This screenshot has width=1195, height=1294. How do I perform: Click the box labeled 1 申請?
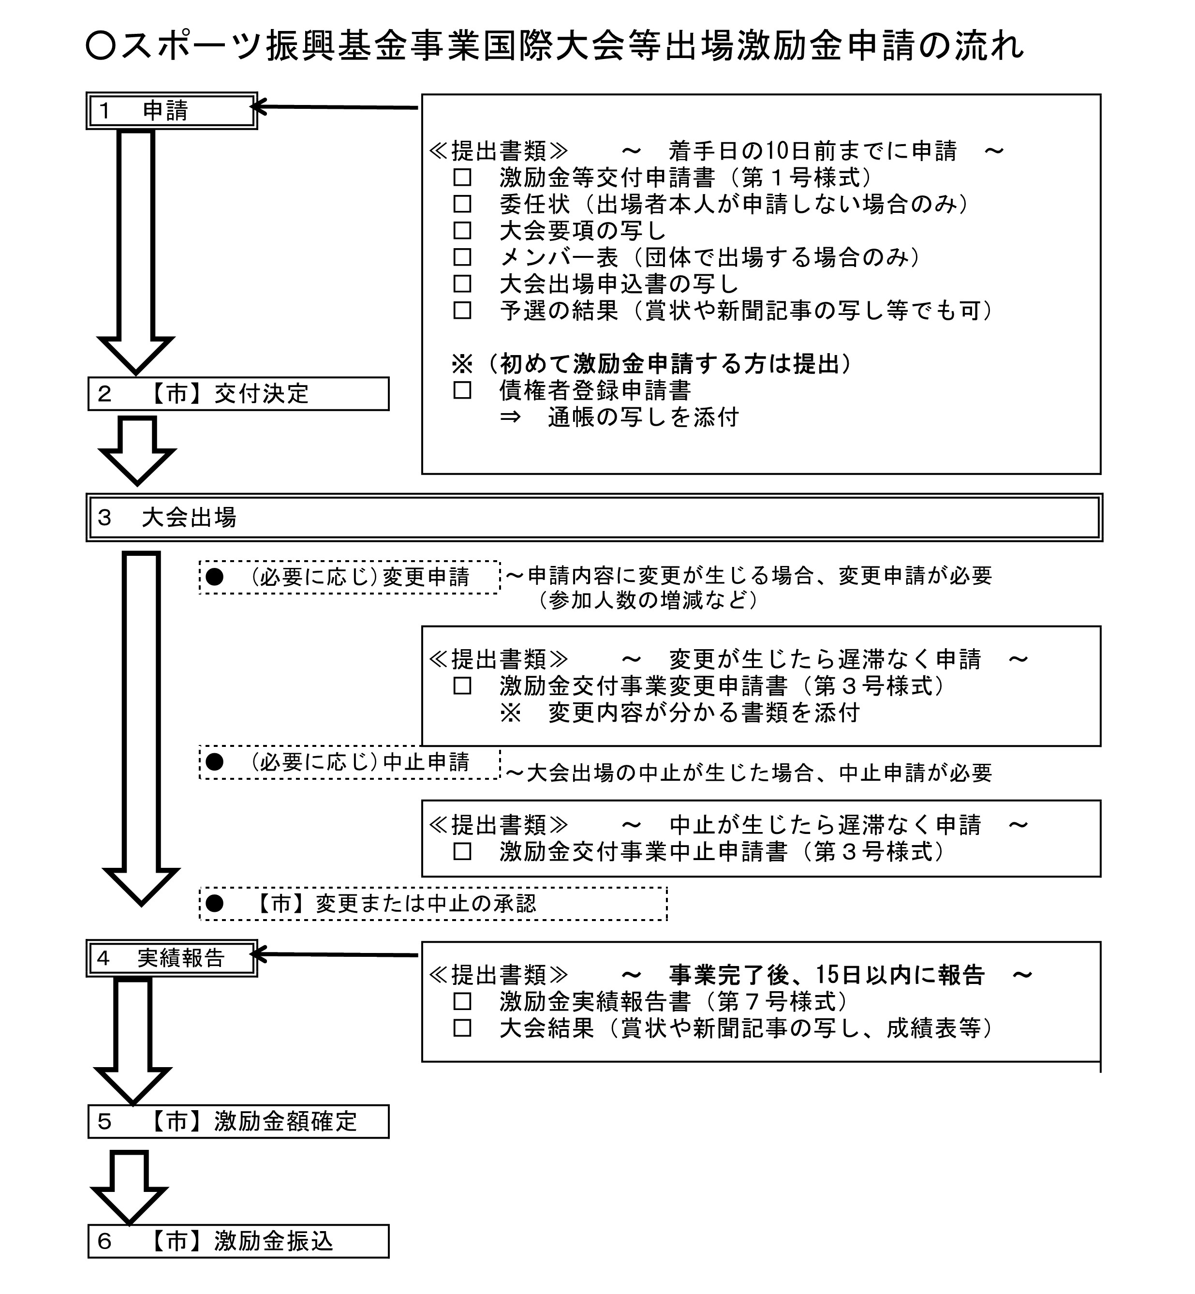point(171,111)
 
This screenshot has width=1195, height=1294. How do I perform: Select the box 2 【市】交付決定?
point(238,394)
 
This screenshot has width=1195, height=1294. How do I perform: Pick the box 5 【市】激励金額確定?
point(238,1121)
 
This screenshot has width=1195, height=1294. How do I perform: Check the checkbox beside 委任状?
point(462,204)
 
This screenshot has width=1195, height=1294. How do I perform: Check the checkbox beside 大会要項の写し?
point(462,231)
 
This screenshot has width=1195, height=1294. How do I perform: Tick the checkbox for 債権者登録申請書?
point(462,390)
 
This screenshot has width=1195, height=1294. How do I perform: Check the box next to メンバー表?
point(462,257)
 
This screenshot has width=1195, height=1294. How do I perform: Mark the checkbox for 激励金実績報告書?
point(462,1002)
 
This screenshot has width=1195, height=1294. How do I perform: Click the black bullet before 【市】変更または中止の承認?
point(215,904)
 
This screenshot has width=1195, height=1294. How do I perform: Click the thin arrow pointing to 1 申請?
point(336,107)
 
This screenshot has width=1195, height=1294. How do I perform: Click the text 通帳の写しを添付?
point(643,418)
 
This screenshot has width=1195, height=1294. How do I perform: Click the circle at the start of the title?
point(100,46)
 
